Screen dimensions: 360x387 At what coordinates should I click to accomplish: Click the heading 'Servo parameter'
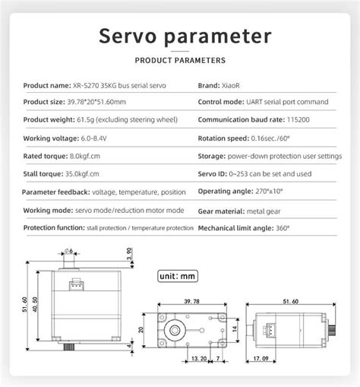(x=179, y=36)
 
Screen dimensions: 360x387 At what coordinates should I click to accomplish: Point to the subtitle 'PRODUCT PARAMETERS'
(x=179, y=59)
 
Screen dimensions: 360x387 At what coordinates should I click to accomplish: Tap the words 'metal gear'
(x=261, y=210)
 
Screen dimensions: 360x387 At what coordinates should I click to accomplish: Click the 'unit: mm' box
(x=177, y=275)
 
